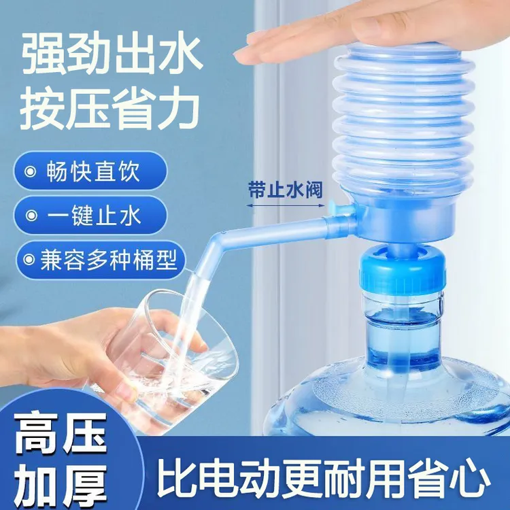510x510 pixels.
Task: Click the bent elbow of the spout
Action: pos(218,241)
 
